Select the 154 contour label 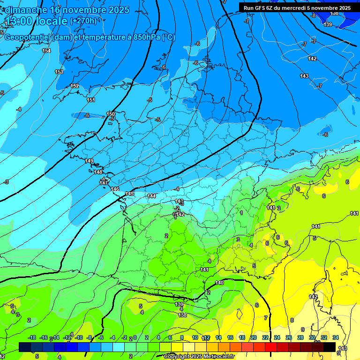click(x=46, y=51)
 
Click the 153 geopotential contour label click(x=59, y=72)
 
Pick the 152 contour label click(x=75, y=86)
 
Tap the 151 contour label click(x=91, y=100)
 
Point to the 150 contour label click(x=111, y=114)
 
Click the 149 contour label click(x=90, y=161)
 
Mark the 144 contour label click(x=151, y=196)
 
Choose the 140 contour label click(x=219, y=283)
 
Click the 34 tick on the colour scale click(x=336, y=337)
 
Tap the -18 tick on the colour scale click(x=32, y=337)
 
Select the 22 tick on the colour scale click(x=265, y=337)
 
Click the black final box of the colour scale click(x=330, y=347)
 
